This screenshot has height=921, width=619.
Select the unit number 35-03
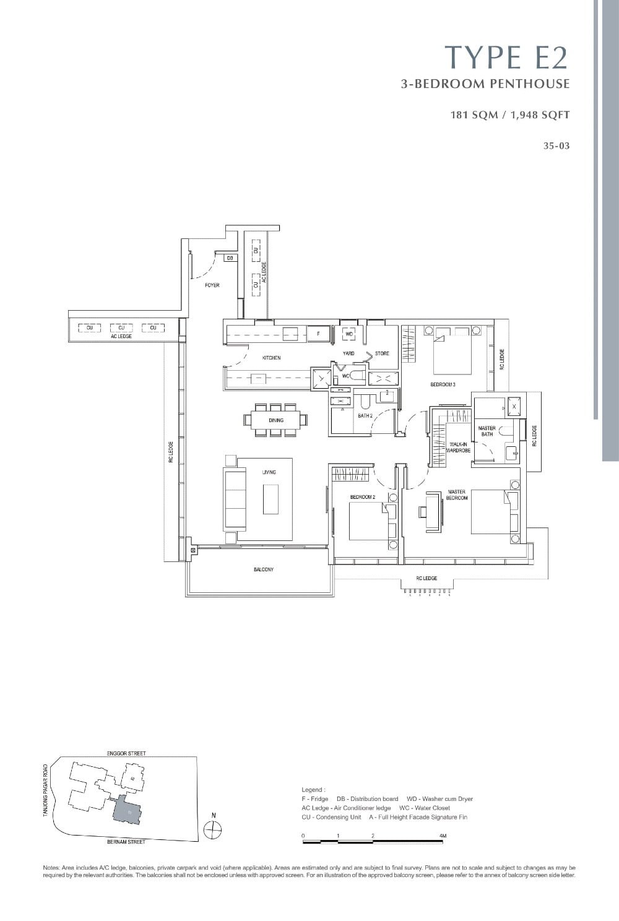[x=555, y=147]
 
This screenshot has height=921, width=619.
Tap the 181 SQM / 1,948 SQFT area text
[x=510, y=115]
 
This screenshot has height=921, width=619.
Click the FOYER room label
[x=212, y=285]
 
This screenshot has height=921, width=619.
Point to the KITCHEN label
[x=271, y=358]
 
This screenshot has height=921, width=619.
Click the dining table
[x=275, y=420]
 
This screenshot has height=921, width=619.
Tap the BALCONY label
[x=263, y=569]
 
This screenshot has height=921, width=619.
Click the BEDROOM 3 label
[x=443, y=384]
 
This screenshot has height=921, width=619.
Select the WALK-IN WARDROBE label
[x=458, y=448]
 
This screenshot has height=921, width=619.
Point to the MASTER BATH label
[x=487, y=431]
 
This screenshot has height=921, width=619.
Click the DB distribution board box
[x=230, y=258]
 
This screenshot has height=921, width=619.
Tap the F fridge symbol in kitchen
[x=318, y=334]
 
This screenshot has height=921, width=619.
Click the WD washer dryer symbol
[x=349, y=334]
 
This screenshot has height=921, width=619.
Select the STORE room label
[x=382, y=353]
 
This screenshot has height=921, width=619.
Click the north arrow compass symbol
[x=213, y=829]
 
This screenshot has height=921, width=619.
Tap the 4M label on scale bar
[x=442, y=836]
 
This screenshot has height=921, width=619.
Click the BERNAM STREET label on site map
[x=126, y=842]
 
